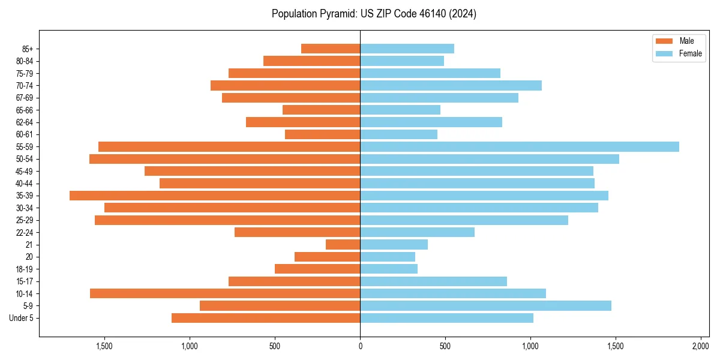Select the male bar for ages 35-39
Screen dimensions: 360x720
tap(215, 196)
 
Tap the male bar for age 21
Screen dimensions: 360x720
tap(343, 244)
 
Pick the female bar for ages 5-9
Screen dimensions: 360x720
tap(485, 305)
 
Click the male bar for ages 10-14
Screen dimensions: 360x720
tap(225, 293)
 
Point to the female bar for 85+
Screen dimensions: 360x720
tap(407, 49)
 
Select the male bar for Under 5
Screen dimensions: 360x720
tap(266, 318)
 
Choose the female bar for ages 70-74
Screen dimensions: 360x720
tap(451, 85)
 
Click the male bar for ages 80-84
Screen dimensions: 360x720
tap(311, 61)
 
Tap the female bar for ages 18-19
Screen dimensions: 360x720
tap(389, 269)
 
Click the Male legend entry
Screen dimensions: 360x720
tap(686, 41)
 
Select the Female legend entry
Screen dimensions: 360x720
tap(690, 53)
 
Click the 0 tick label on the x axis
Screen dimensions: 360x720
tap(360, 346)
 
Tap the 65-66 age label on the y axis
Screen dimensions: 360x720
tap(25, 110)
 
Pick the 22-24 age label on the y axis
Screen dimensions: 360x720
tap(25, 232)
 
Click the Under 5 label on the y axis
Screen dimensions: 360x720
tap(22, 318)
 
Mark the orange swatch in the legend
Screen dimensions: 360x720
tap(664, 41)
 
